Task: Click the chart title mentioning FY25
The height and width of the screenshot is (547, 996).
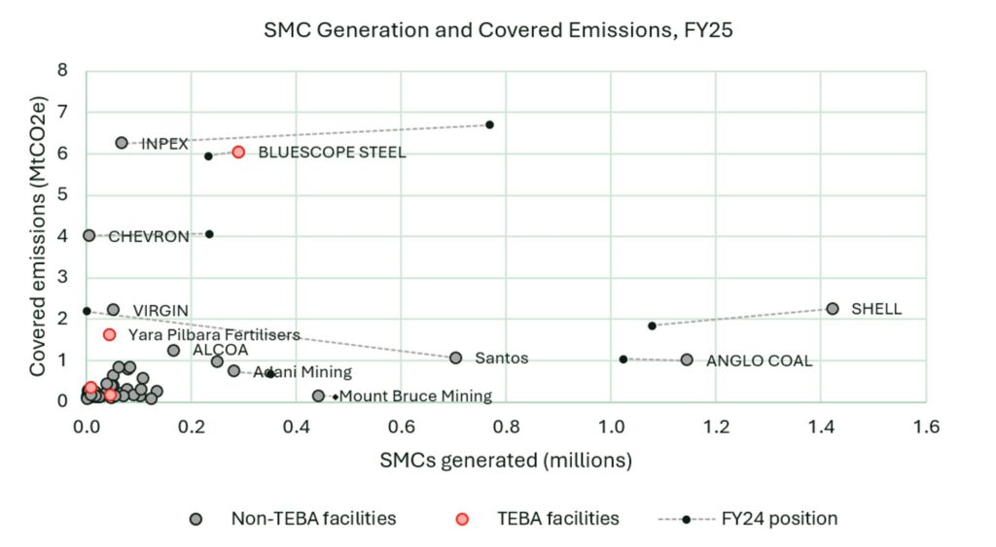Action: pos(498,29)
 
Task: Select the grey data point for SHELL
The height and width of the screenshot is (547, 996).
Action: pos(833,308)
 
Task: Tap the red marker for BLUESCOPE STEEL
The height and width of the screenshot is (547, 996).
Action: pos(238,153)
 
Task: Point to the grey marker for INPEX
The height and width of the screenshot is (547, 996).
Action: pos(122,143)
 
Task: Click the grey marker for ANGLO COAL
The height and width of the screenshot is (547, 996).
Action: pos(687,359)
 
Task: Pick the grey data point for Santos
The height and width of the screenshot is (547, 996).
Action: pos(455,358)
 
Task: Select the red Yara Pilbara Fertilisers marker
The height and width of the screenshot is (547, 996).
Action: pos(109,334)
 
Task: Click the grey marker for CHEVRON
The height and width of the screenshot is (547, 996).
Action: pos(89,235)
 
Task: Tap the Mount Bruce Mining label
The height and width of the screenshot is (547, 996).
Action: pos(415,396)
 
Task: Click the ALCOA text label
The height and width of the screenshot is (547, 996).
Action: pos(220,350)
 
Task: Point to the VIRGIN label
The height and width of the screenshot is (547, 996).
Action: pos(160,311)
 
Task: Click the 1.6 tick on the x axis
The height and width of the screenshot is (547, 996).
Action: pos(925,426)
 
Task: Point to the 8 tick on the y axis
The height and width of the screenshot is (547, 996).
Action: pos(63,71)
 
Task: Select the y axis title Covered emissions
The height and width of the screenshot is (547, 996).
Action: pos(39,235)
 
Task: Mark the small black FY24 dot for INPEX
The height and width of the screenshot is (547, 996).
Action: pos(489,124)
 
